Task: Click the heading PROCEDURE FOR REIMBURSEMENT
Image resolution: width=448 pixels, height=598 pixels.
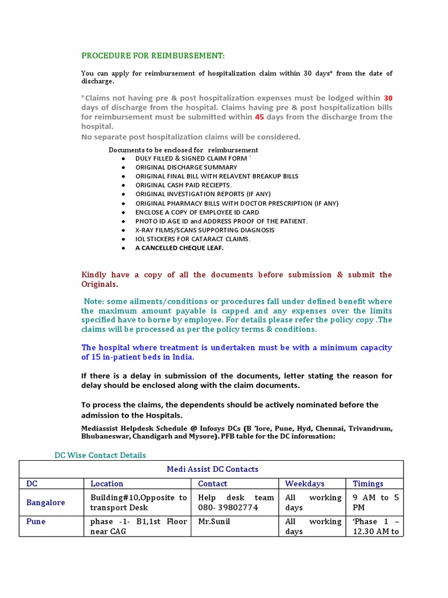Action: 152,55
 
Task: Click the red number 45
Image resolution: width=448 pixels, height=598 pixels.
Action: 261,117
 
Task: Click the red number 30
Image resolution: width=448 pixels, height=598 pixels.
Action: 388,98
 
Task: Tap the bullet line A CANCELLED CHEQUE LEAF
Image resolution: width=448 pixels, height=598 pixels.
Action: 179,248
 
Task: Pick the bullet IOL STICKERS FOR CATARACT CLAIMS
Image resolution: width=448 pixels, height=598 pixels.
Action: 192,239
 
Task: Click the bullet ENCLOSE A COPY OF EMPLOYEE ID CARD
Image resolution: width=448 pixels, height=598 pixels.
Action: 197,212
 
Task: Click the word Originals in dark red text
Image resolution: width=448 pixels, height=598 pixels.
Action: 99,284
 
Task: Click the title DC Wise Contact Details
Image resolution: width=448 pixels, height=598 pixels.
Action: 100,455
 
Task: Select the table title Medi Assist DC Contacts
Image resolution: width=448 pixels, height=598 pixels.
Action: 212,469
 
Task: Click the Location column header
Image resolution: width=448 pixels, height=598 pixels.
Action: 107,484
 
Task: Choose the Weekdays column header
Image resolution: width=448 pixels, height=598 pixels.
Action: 304,484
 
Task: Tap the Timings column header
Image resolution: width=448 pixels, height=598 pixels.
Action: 368,484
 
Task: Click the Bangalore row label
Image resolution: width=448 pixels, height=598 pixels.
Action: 45,502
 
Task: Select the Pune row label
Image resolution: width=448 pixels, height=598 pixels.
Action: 36,521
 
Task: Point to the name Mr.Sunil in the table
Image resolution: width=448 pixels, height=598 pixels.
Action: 214,521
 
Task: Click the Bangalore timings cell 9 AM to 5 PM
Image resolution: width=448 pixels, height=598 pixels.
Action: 376,502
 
